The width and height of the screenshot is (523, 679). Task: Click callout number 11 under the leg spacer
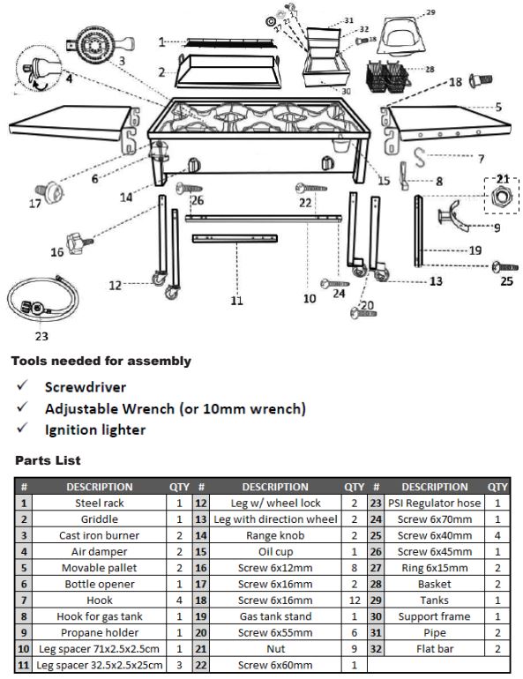236,301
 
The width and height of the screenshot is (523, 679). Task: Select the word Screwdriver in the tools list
86,386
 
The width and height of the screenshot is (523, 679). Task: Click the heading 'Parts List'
48,460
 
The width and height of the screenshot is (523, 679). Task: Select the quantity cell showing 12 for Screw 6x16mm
354,600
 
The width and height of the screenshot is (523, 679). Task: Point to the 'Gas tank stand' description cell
275,616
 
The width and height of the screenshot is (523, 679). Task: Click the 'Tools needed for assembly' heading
101,361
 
